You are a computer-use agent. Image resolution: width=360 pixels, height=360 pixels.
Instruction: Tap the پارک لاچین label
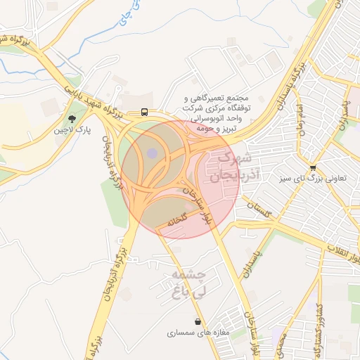(72, 130)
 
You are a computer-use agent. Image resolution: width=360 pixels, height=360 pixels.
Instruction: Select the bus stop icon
(143, 112)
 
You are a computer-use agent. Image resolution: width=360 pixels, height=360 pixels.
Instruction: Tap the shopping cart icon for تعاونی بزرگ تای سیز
(312, 167)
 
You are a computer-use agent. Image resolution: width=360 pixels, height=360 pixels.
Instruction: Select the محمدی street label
(281, 349)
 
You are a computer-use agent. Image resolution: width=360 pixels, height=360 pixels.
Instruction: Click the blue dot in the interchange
(153, 153)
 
